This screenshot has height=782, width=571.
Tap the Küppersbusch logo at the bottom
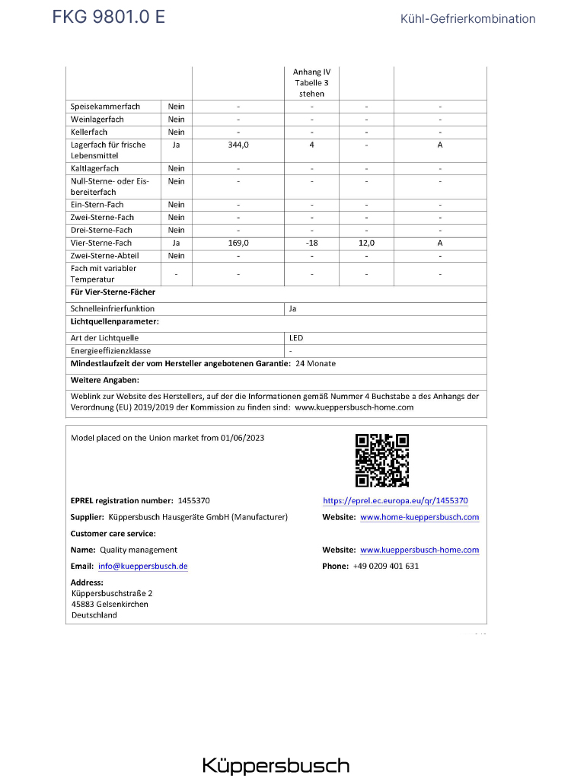click(x=276, y=765)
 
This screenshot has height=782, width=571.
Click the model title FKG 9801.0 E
click(x=108, y=18)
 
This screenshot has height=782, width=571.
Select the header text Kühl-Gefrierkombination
click(x=467, y=19)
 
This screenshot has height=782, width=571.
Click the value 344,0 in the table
click(x=238, y=144)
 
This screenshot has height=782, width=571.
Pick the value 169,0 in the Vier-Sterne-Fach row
click(x=238, y=243)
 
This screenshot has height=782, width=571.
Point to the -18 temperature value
click(x=311, y=243)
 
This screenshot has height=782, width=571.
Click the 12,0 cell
click(x=366, y=243)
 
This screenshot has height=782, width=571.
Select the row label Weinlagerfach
click(x=97, y=120)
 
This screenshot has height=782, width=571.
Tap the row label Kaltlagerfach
click(x=95, y=168)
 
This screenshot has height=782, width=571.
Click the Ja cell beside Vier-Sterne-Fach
click(x=176, y=243)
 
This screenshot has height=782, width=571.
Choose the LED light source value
click(x=296, y=337)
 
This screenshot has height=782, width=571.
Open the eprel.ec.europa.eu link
click(x=395, y=500)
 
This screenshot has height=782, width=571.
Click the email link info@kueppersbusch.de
click(x=143, y=566)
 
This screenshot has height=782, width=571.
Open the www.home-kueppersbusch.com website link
click(x=419, y=517)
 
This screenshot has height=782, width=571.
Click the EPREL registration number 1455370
click(x=193, y=500)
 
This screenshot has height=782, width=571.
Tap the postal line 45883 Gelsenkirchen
click(x=110, y=604)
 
